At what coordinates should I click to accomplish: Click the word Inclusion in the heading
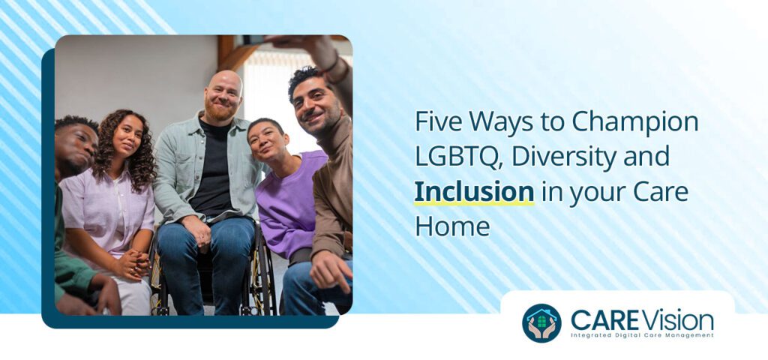tap(474, 191)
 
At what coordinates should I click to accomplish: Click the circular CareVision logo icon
tap(541, 322)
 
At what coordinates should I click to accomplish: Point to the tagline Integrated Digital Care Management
tap(641, 335)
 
